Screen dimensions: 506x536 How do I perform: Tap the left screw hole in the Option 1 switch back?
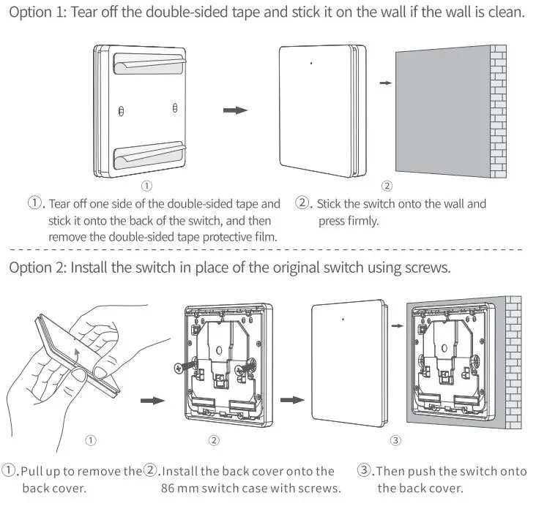coord(121,110)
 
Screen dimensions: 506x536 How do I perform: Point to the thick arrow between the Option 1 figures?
coord(235,110)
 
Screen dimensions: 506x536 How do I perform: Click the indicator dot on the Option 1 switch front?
coord(310,64)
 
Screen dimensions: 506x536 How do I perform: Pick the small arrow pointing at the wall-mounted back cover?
coord(396,326)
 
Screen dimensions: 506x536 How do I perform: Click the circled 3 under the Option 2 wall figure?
coord(395,440)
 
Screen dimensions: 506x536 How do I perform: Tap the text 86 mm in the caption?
coord(177,488)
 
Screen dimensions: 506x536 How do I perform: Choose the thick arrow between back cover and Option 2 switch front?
coord(292,400)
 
